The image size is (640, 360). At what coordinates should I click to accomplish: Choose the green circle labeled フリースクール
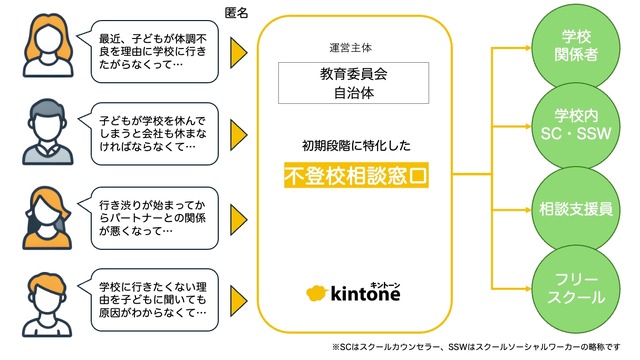(579, 287)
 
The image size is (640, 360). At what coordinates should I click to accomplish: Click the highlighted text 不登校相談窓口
(356, 176)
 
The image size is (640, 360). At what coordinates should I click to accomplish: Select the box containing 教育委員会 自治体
(356, 83)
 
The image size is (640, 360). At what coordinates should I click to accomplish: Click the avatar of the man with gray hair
(40, 132)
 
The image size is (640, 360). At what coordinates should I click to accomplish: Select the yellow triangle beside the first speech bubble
(239, 50)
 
